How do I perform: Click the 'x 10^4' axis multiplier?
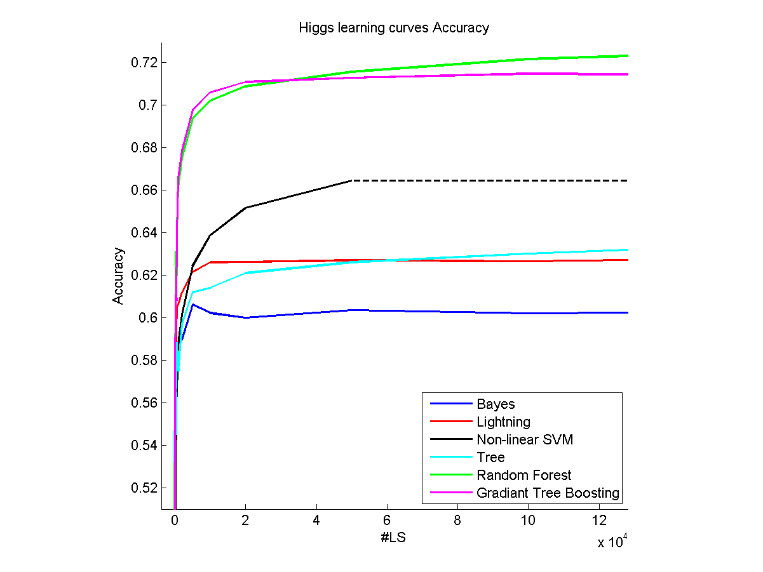pos(612,543)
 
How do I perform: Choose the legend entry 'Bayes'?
pos(496,404)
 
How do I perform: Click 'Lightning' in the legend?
pos(503,422)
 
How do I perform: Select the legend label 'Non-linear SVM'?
pos(525,439)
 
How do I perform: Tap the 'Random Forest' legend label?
pos(524,475)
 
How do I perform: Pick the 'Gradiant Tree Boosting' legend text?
pos(548,493)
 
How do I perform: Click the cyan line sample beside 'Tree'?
pos(451,457)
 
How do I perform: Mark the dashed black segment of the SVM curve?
pos(489,181)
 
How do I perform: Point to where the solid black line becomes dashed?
pos(352,181)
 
